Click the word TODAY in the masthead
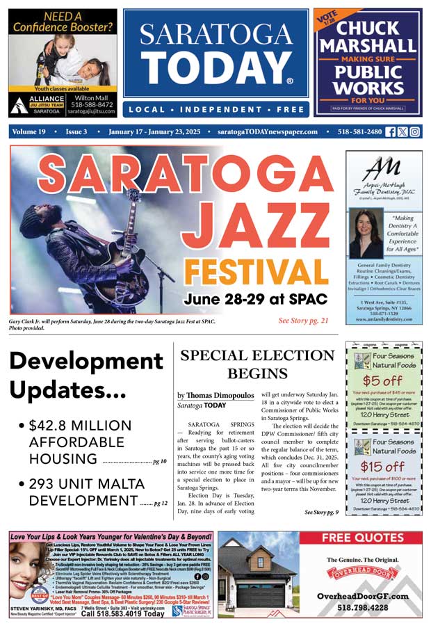(215, 67)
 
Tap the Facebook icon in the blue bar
(391, 131)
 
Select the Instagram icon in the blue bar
(414, 131)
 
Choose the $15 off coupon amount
(384, 466)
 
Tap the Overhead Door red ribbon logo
(361, 574)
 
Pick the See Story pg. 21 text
(303, 321)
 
